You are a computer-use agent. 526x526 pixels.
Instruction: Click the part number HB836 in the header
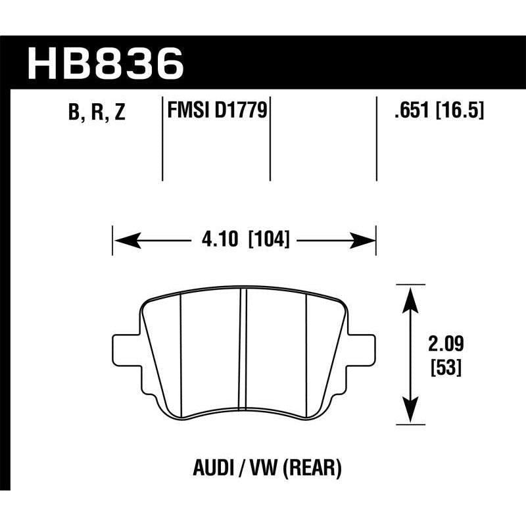(105, 64)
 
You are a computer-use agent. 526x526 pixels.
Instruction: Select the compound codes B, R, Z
(96, 113)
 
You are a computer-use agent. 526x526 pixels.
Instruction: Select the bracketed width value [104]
(269, 240)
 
